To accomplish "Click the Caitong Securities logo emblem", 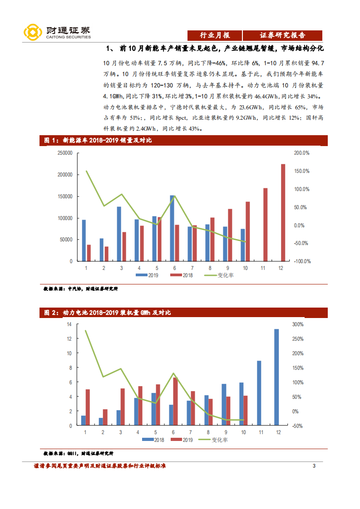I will click(x=33, y=32).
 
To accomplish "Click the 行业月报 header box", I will click(x=215, y=35).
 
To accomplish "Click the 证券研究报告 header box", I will click(x=282, y=35).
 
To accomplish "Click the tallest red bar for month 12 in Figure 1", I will click(x=283, y=212).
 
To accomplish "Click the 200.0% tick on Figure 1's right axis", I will click(x=302, y=153).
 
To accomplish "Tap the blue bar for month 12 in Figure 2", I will click(x=276, y=377).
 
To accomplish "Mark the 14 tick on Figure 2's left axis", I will click(x=69, y=324).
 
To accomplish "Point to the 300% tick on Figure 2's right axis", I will click(x=298, y=324).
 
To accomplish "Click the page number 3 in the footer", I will click(x=314, y=466).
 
